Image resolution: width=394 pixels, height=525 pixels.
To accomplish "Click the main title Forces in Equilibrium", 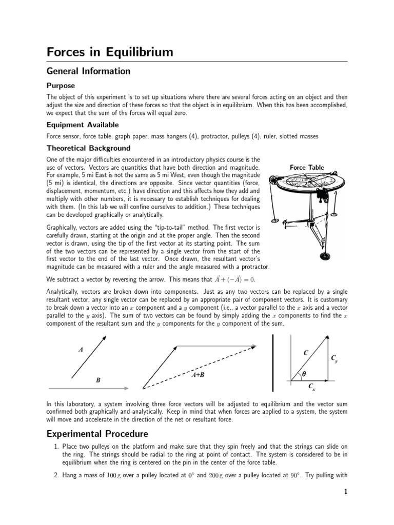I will (x=110, y=52).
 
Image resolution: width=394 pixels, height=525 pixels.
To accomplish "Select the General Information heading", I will (x=88, y=71).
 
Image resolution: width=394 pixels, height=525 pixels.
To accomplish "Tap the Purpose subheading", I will (x=61, y=86).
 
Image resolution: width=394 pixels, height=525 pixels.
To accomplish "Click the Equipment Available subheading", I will (x=82, y=125).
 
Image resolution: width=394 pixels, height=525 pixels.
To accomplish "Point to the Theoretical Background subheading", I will (x=88, y=148).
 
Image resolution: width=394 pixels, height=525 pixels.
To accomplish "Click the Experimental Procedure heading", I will (x=97, y=434).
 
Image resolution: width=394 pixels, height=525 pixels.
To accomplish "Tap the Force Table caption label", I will (x=307, y=167).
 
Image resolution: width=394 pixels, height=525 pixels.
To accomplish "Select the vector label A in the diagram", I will (x=81, y=350).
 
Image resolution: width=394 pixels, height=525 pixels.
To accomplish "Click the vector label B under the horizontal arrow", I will (x=98, y=380).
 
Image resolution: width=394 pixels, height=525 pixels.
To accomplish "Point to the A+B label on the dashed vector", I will (x=198, y=375).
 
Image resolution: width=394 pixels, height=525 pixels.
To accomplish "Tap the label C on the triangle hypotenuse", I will (x=306, y=353).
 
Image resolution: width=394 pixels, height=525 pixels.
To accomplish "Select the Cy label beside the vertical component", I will (x=334, y=358).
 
